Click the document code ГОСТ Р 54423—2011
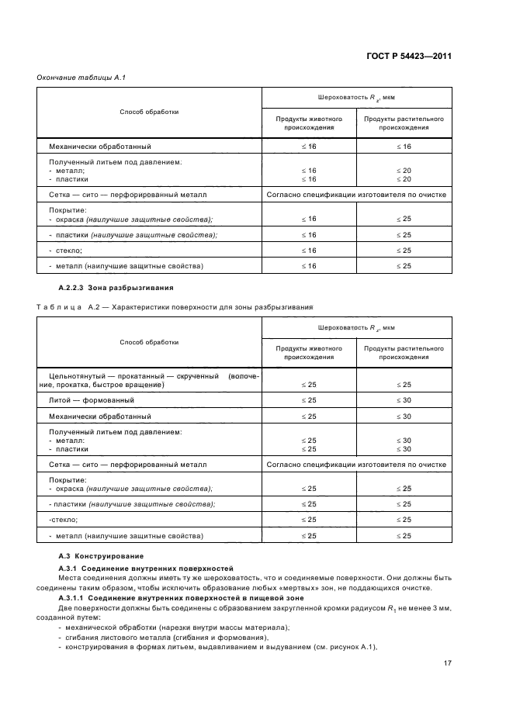[407, 57]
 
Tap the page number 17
[448, 662]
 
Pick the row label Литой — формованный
[92, 400]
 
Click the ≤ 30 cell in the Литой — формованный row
[404, 400]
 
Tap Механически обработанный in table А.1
[100, 146]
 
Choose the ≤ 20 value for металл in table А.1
[404, 170]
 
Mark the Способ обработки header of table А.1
[149, 112]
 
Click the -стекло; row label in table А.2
[65, 519]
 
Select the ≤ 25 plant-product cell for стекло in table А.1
[404, 251]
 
